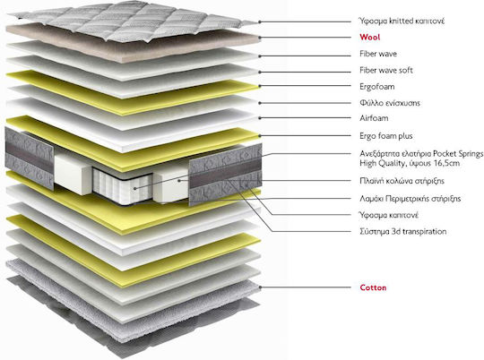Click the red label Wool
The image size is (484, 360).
coord(370,38)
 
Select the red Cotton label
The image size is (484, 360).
coord(373,287)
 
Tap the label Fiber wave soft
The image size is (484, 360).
coord(386,71)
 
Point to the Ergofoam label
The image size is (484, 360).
coord(376,86)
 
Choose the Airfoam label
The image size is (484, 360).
coord(374,118)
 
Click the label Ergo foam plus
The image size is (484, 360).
coord(385,136)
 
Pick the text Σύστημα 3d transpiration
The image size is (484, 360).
coord(402,231)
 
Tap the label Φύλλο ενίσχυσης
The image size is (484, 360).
coord(390,103)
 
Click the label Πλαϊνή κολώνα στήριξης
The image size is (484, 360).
coord(402,181)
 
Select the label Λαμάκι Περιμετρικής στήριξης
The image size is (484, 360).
coord(411,198)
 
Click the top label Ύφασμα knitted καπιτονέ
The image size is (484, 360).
coord(402,21)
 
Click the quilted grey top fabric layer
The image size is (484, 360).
coord(133,19)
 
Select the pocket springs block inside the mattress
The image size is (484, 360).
coord(123,186)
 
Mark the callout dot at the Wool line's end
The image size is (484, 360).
coord(260,38)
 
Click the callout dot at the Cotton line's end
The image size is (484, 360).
coord(260,287)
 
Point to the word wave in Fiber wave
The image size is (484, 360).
coord(388,54)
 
